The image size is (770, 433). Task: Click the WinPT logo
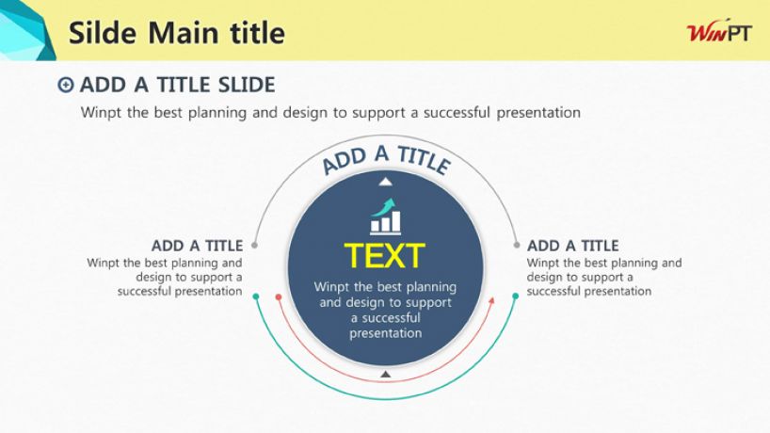[x=719, y=31]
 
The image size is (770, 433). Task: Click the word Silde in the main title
[x=103, y=33]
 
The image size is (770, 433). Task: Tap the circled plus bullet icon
[x=65, y=85]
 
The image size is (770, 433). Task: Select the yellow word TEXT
[x=384, y=256]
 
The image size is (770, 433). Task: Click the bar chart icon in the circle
[x=386, y=216]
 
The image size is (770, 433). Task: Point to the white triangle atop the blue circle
[x=386, y=182]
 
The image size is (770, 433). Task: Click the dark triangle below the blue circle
[x=386, y=374]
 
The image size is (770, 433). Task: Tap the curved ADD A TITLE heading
[x=386, y=160]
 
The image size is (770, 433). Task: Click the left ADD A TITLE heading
[x=197, y=246]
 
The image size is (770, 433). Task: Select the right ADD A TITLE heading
[x=572, y=246]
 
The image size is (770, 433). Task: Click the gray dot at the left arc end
[x=254, y=245]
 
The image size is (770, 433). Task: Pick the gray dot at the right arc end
[x=517, y=245]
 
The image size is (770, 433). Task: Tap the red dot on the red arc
[x=279, y=297]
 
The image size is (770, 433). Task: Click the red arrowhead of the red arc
[x=491, y=300]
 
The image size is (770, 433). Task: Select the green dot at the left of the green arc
[x=255, y=297]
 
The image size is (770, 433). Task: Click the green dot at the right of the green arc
[x=516, y=296]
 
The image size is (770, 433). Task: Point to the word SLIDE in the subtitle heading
[x=247, y=85]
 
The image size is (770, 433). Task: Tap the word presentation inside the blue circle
[x=386, y=333]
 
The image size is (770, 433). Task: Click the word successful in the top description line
[x=457, y=112]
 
